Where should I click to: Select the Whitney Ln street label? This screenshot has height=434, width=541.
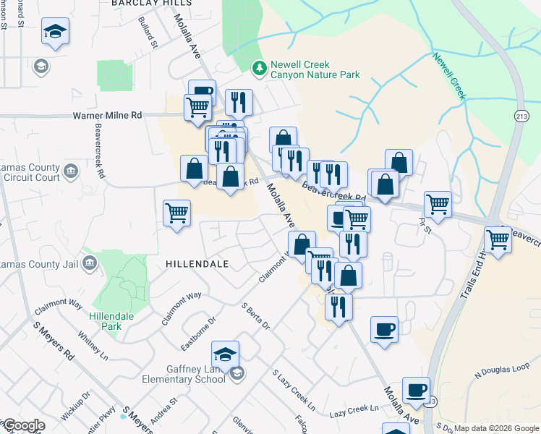click(93, 346)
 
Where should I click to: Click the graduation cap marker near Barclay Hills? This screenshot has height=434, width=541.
click(54, 33)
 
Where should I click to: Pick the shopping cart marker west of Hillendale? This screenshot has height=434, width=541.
click(176, 213)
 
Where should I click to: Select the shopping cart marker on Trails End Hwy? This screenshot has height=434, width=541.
click(498, 239)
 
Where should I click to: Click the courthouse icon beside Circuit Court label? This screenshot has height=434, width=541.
click(71, 171)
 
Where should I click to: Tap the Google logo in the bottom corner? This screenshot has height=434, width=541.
click(24, 425)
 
